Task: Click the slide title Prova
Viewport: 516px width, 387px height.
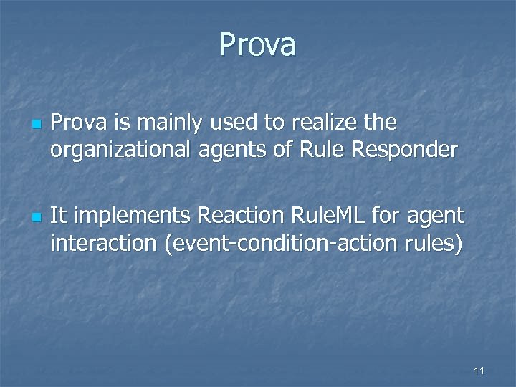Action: pos(257,44)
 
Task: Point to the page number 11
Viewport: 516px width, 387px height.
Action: pos(479,371)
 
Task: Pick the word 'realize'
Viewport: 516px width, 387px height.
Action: pos(322,123)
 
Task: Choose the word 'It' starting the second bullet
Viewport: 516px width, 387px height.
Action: pos(59,215)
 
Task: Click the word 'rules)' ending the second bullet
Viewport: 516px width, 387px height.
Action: pos(435,243)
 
